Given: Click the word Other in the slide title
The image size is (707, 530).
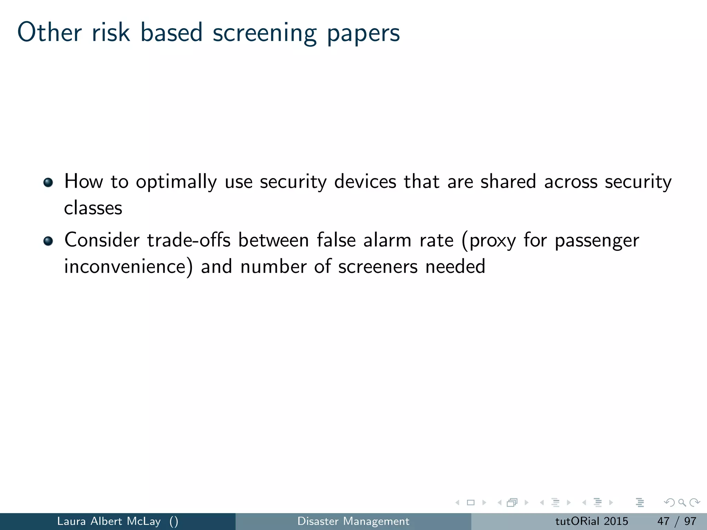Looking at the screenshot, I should coord(49,32).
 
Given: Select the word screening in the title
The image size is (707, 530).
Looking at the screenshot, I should coord(264,33).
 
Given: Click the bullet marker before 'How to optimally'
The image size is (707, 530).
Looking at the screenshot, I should coord(48,182).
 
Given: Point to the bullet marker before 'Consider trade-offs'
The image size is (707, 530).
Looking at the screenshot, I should coord(48,241).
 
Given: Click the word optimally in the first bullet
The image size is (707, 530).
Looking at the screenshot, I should coord(176,182).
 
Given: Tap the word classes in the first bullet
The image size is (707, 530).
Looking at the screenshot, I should coord(93,208).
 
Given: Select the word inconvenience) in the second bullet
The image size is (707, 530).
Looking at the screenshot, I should coord(128,267).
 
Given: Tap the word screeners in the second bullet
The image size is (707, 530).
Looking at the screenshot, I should coord(378,267).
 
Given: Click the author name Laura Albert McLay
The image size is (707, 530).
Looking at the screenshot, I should coord(109,521).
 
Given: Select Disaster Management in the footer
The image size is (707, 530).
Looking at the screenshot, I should coord(353,521).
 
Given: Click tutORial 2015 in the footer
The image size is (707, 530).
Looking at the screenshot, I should coord(591,521).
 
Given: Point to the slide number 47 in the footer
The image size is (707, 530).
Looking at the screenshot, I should coord(663,521).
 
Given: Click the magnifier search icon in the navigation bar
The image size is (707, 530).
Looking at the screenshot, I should coord(682,502).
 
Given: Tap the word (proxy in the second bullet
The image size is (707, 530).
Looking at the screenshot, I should coord(488,241).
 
